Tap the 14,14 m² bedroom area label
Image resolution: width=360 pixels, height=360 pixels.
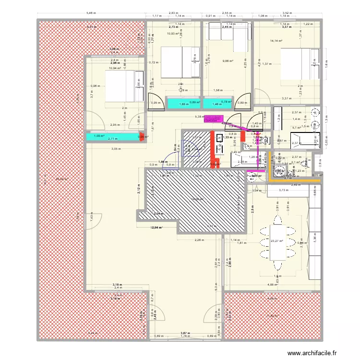coord(276,41)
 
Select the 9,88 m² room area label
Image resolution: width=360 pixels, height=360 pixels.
coord(227,61)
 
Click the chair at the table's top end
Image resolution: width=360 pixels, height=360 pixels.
coord(277,220)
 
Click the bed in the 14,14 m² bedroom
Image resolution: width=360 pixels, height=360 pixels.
coord(298,63)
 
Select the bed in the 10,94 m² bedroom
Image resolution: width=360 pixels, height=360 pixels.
coord(124,86)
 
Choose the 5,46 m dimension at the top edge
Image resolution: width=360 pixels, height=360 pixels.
coord(90,13)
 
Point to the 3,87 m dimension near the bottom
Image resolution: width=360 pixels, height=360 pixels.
coord(185,333)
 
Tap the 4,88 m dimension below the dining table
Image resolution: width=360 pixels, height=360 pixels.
coord(272,285)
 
